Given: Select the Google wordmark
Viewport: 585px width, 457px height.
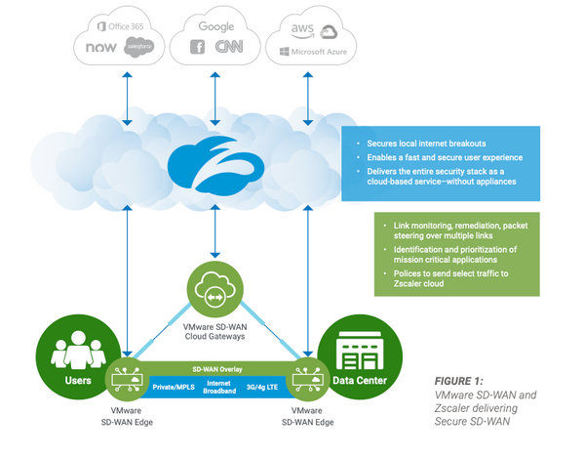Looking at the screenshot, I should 215,25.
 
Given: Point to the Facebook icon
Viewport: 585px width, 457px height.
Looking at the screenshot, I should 198,47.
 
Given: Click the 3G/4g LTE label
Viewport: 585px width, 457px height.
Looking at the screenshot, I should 274,387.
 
